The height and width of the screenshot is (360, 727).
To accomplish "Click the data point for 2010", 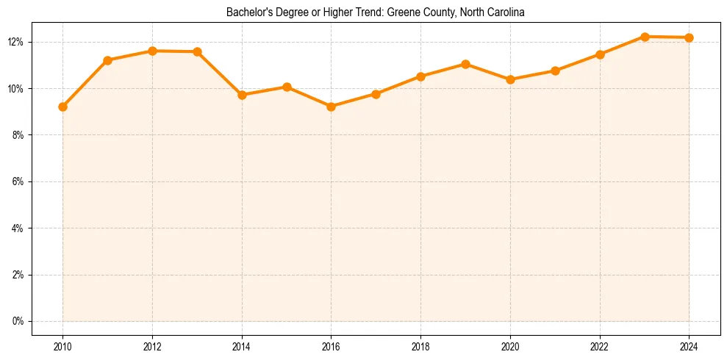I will pyautogui.click(x=62, y=107).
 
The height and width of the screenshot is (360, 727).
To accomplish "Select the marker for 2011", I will pyautogui.click(x=107, y=60).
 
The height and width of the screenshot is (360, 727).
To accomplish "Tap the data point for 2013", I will pyautogui.click(x=197, y=51).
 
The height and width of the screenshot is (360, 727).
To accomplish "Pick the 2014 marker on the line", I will pyautogui.click(x=242, y=95).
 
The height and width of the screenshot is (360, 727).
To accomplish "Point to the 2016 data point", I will pyautogui.click(x=331, y=107).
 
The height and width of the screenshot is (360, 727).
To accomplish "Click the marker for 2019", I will pyautogui.click(x=465, y=64).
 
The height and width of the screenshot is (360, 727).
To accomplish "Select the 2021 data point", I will pyautogui.click(x=555, y=71).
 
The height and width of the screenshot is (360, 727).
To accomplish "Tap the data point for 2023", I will pyautogui.click(x=645, y=37).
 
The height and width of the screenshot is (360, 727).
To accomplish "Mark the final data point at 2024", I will pyautogui.click(x=689, y=37).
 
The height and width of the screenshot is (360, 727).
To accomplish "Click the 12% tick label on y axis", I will pyautogui.click(x=17, y=42).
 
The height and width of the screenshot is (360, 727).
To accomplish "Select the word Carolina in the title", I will pyautogui.click(x=507, y=12).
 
